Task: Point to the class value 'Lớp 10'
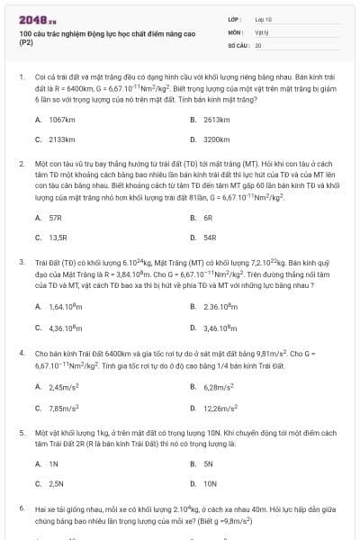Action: tap(264, 18)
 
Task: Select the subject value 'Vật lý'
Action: tap(262, 31)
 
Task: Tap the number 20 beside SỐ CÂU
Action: tap(258, 43)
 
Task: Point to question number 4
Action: tap(22, 354)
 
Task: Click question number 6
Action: tap(22, 508)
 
